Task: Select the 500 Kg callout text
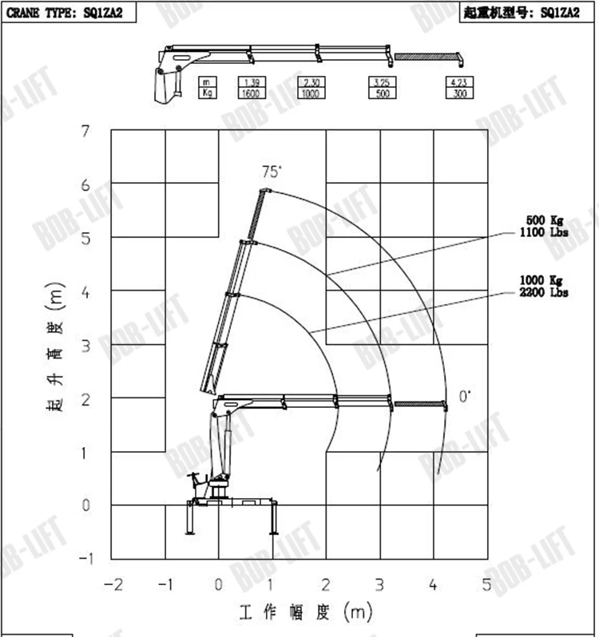tap(547, 220)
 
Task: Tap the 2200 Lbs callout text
tap(547, 294)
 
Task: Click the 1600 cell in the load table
tap(250, 93)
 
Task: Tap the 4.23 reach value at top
tap(458, 82)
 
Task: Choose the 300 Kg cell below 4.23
tap(458, 93)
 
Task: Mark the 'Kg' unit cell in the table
tap(206, 93)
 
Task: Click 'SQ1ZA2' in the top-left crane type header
tap(110, 11)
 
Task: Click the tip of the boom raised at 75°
tap(263, 190)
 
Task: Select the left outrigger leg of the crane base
tap(190, 519)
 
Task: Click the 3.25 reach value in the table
tap(383, 82)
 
